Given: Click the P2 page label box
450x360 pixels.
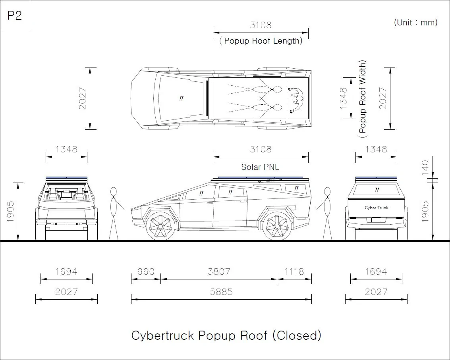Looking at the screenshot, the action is (x=15, y=15).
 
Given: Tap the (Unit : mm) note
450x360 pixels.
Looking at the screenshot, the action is (x=415, y=22).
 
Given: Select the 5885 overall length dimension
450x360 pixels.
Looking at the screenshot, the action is (x=221, y=292).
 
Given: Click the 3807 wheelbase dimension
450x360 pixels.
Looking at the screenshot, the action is (x=219, y=271).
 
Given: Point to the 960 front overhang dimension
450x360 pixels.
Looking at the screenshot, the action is (x=146, y=271).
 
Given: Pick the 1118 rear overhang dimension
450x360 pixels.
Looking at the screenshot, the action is (x=294, y=271).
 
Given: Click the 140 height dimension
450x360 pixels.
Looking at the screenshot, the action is (x=425, y=168).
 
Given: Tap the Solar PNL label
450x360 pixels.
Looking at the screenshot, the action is (x=260, y=167).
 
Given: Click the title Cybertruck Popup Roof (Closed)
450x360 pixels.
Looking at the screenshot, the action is (x=226, y=335).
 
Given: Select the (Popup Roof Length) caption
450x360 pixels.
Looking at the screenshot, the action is (x=261, y=41).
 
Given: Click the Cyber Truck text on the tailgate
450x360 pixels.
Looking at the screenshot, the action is (x=376, y=208).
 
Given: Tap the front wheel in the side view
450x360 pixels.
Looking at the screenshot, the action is (x=160, y=226).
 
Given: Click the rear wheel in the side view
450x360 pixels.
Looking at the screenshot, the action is (x=277, y=226).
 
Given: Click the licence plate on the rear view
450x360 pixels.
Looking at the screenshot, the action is (x=376, y=220).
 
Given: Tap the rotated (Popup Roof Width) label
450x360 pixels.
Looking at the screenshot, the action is (x=363, y=99).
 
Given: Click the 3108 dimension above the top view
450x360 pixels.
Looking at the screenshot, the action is (x=261, y=25).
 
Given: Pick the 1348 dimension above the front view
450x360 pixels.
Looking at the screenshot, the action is (x=66, y=149).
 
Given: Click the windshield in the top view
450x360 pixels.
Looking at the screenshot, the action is (x=180, y=98).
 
